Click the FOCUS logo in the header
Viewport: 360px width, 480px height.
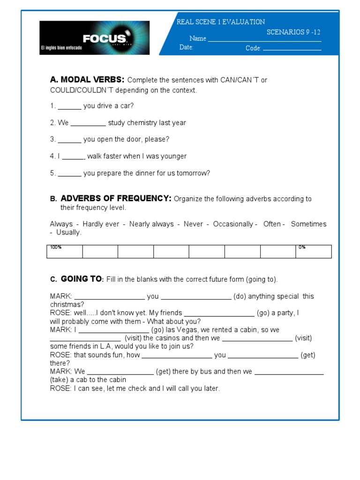pyautogui.click(x=94, y=38)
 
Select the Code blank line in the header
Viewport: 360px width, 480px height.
pyautogui.click(x=292, y=49)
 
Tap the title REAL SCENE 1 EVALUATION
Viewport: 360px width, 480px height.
pyautogui.click(x=220, y=22)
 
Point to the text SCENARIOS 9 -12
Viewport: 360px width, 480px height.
pyautogui.click(x=293, y=32)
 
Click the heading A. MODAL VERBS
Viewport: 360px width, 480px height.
pyautogui.click(x=87, y=80)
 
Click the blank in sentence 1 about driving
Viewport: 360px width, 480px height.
pyautogui.click(x=69, y=106)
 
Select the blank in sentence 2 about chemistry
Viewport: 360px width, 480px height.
pyautogui.click(x=88, y=123)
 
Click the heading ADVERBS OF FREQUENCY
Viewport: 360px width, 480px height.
pyautogui.click(x=116, y=199)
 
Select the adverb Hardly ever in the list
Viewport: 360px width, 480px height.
pyautogui.click(x=101, y=225)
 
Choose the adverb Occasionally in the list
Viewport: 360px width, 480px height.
pyautogui.click(x=233, y=225)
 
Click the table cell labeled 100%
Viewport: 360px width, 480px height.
pyautogui.click(x=64, y=252)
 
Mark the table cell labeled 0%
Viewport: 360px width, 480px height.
pyautogui.click(x=314, y=252)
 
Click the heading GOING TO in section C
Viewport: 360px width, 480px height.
pyautogui.click(x=81, y=279)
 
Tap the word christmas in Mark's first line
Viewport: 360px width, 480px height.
pyautogui.click(x=67, y=305)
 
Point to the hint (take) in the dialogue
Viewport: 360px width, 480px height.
pyautogui.click(x=59, y=380)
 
